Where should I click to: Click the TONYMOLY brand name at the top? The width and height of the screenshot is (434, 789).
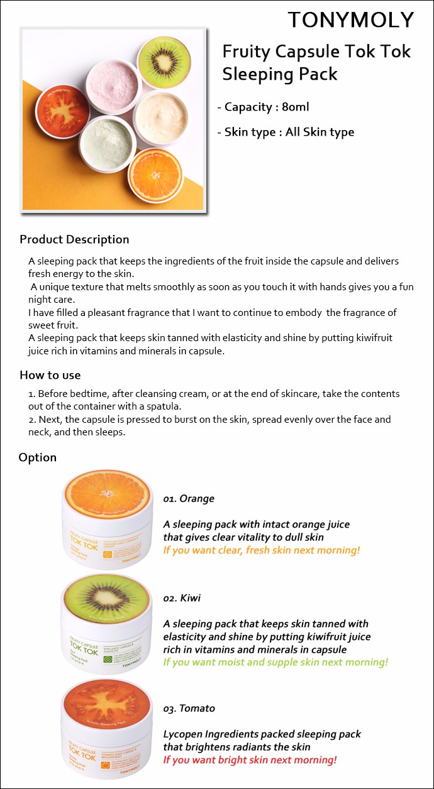pos(351,19)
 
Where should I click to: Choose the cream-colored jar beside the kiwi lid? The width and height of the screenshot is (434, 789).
pos(161,116)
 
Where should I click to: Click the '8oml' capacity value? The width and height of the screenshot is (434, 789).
pos(296,107)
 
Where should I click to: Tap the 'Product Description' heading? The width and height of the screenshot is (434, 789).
pos(74,239)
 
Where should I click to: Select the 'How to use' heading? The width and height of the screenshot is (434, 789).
pos(50,375)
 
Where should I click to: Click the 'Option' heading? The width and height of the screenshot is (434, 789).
pos(38,457)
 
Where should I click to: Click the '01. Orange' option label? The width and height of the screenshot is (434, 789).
pos(189,499)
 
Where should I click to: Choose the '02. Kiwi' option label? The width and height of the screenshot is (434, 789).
pos(182,598)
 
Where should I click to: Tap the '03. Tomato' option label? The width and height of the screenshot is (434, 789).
pos(189,709)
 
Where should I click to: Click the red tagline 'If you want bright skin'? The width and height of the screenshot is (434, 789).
pos(250,760)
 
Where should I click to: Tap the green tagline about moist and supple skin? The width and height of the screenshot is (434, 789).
pos(275,662)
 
